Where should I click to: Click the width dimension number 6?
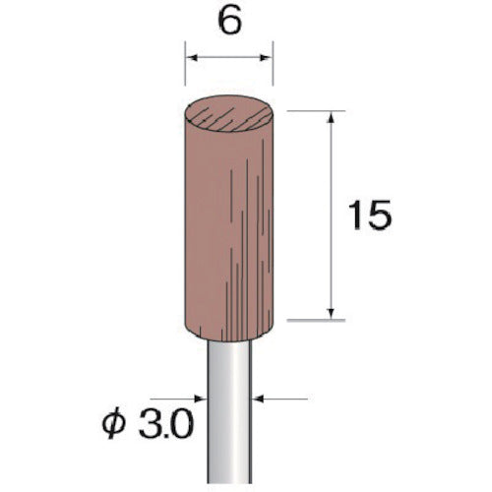click(229, 22)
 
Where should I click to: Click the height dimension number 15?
click(370, 215)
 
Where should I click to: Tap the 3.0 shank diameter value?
click(166, 425)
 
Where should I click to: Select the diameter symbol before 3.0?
click(113, 425)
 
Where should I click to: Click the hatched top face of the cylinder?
click(229, 114)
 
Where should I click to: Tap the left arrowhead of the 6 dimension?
click(192, 58)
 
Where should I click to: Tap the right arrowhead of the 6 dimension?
click(266, 58)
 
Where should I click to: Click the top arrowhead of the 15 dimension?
click(332, 117)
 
